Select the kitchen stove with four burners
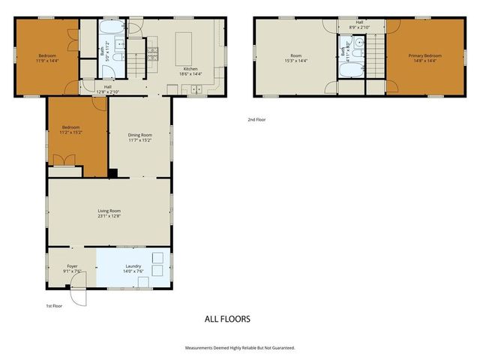click(x=152, y=52)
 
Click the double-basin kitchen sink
click(x=197, y=90)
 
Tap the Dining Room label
click(x=139, y=135)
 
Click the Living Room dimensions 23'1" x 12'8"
click(x=109, y=217)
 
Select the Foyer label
click(x=72, y=265)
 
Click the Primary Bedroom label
click(x=424, y=55)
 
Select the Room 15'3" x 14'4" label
click(x=295, y=61)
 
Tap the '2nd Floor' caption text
click(x=256, y=119)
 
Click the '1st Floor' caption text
click(x=55, y=306)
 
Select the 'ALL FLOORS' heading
click(x=227, y=319)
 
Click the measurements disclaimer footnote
click(x=240, y=348)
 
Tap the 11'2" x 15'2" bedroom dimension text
click(x=72, y=133)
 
